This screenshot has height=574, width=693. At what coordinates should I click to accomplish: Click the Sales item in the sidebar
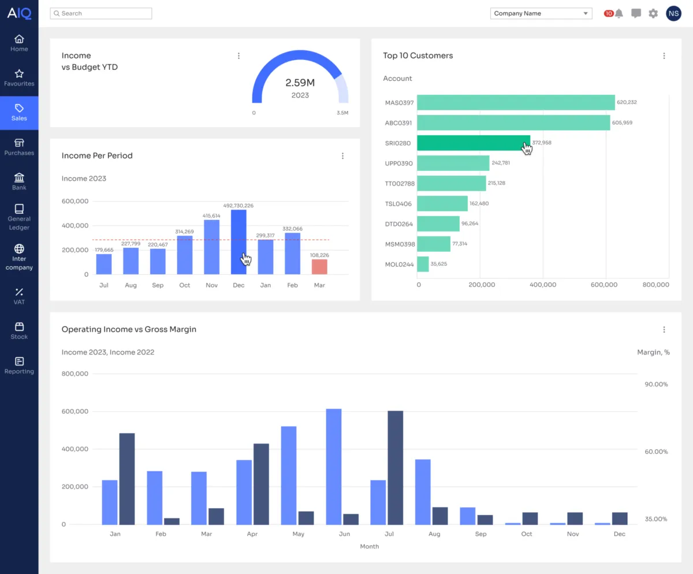19,113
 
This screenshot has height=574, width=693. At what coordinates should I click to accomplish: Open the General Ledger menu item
19,217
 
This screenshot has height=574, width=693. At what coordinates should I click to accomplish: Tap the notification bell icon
619,13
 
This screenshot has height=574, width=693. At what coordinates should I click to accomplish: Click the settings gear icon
653,13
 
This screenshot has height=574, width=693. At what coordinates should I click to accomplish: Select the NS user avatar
673,13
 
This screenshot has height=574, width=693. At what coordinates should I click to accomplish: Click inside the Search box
101,13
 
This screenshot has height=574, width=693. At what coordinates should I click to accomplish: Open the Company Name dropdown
541,13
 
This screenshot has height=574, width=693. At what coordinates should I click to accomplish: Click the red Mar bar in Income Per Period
319,267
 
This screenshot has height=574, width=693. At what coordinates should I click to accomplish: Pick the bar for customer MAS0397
516,102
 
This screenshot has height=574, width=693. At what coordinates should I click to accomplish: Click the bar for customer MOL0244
423,264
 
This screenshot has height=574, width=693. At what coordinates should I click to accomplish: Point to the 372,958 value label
542,143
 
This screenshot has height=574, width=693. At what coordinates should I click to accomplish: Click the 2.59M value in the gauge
300,83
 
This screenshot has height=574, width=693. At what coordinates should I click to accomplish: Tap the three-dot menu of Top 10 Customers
664,56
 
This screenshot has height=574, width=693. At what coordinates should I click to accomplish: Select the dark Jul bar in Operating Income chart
396,467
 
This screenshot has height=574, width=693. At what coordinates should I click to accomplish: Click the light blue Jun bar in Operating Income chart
334,466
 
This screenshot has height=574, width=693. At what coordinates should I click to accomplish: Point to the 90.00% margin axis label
656,384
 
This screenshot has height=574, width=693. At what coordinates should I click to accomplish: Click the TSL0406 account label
398,204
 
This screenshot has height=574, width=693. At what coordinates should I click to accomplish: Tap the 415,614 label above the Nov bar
211,215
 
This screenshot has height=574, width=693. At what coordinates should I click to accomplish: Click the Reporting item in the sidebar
19,366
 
